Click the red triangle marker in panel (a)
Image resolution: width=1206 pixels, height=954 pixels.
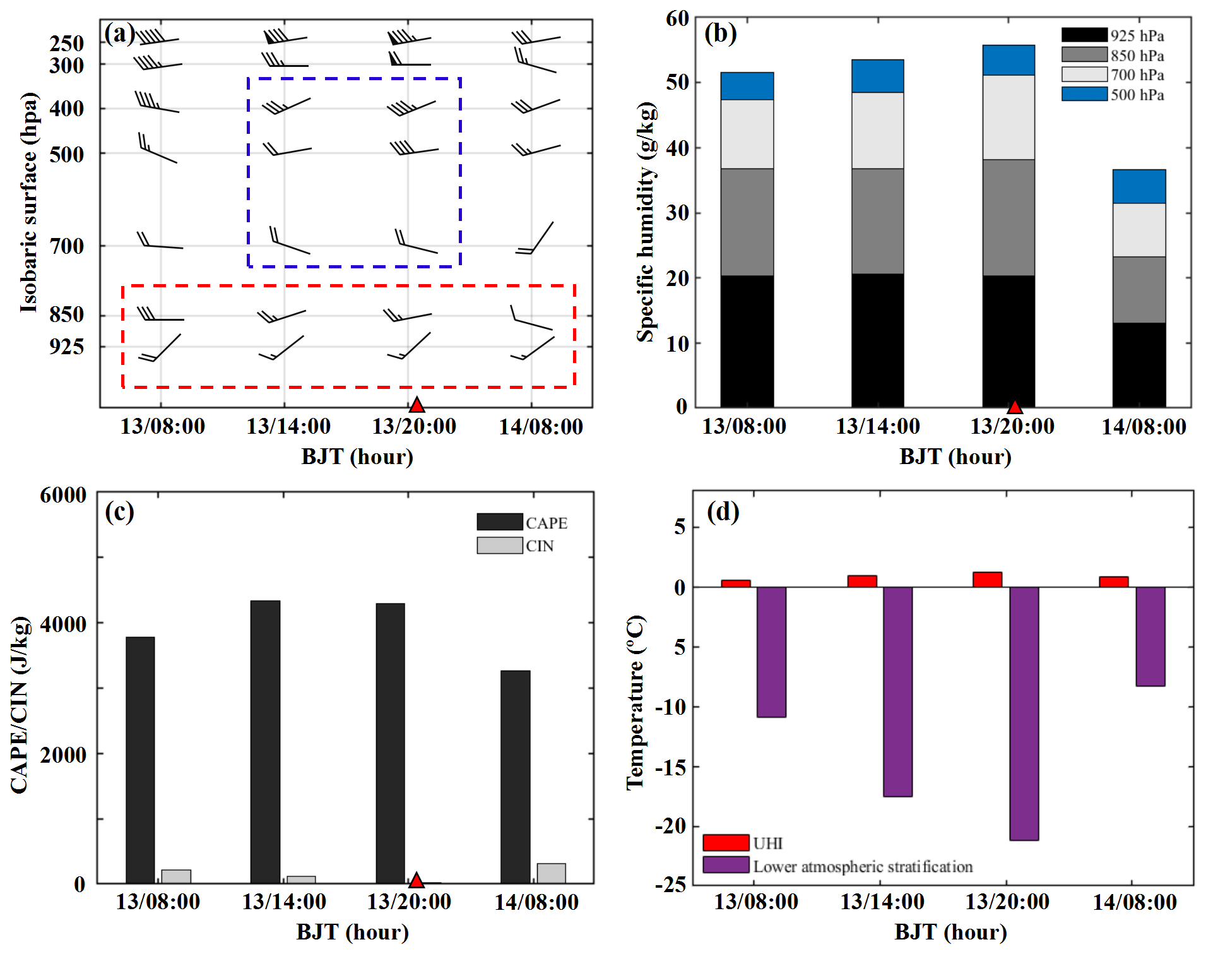pos(417,405)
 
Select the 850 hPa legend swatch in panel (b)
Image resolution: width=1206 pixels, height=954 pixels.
pos(1084,54)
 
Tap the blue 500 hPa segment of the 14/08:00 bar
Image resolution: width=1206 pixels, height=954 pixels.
pos(1139,186)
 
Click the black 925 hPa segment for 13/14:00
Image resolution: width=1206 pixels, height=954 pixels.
pos(877,340)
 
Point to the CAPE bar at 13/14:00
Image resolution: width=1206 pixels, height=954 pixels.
pos(265,742)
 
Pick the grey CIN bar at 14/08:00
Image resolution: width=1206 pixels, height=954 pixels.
pos(551,873)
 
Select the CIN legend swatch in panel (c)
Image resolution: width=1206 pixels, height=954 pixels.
pos(500,546)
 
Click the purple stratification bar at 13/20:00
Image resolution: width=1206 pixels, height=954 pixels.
pos(1024,713)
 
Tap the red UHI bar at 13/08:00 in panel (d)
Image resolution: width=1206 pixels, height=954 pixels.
pos(736,583)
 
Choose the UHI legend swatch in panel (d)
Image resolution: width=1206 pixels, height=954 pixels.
pos(726,842)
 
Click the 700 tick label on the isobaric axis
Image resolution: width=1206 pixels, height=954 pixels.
pos(67,246)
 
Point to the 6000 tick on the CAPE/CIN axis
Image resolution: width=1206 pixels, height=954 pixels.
pos(63,495)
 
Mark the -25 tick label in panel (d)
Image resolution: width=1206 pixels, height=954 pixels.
pos(670,885)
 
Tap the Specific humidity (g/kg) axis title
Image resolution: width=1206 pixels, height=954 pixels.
pos(646,222)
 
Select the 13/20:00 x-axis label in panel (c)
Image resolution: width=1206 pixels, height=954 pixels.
pos(409,902)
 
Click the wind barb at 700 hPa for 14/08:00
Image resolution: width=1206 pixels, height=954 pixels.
pos(535,238)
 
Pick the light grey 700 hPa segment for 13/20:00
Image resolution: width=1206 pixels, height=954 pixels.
pos(1008,117)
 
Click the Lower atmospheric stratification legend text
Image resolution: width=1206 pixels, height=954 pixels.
pos(863,866)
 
